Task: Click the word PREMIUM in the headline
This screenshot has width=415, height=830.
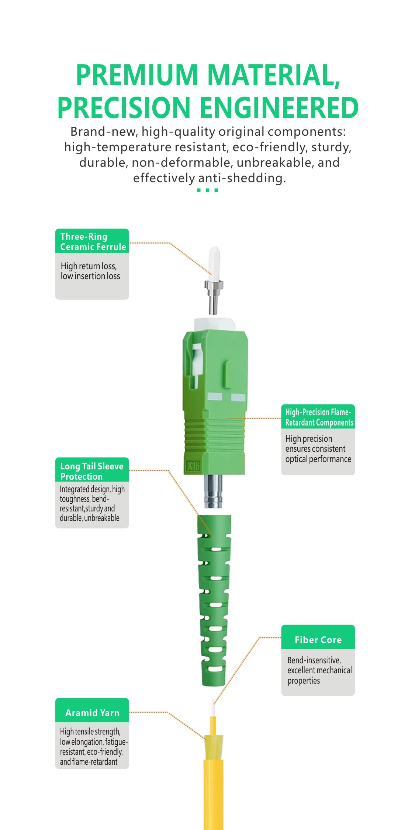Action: [137, 75]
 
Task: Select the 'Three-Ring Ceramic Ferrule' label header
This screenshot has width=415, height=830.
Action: [92, 241]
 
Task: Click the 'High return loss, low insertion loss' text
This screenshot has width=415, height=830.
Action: [90, 271]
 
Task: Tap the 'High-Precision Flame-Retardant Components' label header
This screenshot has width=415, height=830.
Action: [318, 417]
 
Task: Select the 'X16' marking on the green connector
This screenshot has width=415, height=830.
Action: [193, 466]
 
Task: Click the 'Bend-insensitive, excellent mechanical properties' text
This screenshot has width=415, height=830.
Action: [319, 670]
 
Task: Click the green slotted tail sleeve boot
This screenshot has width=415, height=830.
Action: [214, 600]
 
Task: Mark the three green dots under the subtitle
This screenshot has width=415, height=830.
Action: [208, 190]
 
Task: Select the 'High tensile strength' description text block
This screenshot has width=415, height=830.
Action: [94, 746]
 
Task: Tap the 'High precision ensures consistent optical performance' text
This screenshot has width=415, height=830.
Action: [318, 449]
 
